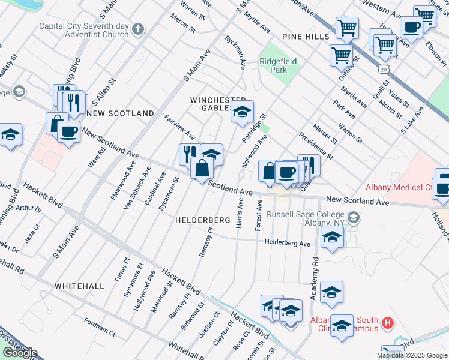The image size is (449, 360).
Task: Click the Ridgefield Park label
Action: coord(274,65)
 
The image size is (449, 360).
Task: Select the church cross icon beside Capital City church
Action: coord(138,29)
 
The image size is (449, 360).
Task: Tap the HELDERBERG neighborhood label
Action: coord(202,221)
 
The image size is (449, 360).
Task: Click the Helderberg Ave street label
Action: coord(288,243)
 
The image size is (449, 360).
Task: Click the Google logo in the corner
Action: coord(20,353)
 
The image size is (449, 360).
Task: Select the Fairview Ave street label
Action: coord(179,126)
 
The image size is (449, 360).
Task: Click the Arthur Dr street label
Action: coord(29,209)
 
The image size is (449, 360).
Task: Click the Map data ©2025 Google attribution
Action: coord(412,355)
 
